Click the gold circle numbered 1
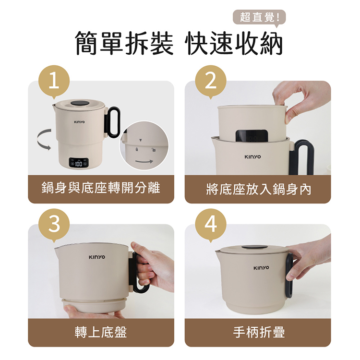[54, 81]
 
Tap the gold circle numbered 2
[211, 81]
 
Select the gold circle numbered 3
[54, 225]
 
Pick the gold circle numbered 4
[211, 225]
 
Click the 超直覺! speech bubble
[259, 17]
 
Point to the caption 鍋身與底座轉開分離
[101, 188]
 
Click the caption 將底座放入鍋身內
[258, 189]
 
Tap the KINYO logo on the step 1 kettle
[79, 122]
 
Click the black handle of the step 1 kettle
[112, 122]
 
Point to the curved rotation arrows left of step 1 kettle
[44, 140]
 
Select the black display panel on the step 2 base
[252, 136]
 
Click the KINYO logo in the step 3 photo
[97, 257]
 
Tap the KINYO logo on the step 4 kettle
[261, 268]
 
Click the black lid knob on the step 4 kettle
[255, 247]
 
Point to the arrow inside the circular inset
[144, 162]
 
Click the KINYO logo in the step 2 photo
[252, 157]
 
